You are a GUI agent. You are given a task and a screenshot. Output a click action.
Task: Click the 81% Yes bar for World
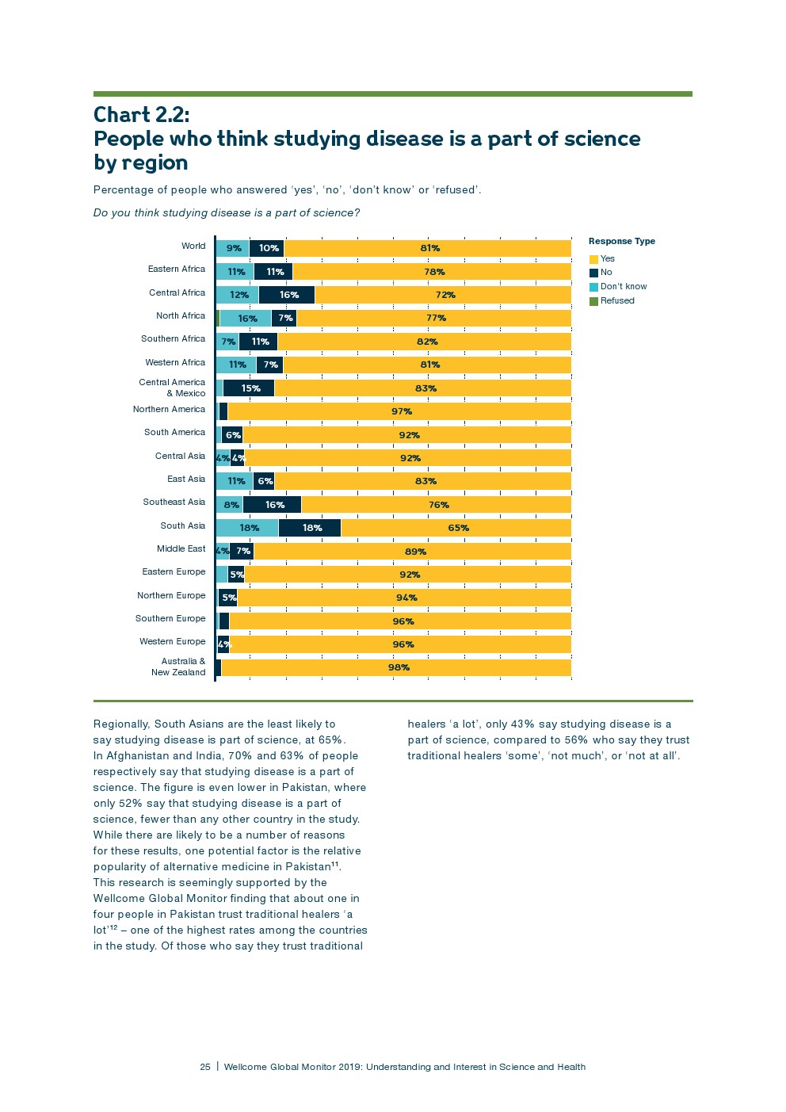coord(428,248)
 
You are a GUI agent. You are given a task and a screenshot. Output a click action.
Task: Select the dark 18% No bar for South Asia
coord(310,528)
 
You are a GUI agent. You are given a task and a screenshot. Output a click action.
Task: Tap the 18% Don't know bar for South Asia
coord(247,528)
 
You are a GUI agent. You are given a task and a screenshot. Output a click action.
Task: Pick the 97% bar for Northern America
coord(399,411)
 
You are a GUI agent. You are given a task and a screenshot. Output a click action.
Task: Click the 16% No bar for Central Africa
coord(287,295)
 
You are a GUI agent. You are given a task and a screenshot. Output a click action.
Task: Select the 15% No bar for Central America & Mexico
coord(249,388)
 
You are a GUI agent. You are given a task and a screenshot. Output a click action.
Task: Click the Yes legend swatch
coord(593,259)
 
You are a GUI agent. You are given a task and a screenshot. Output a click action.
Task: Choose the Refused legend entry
coord(616,301)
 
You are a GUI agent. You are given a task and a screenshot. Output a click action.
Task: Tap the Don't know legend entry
coord(623,287)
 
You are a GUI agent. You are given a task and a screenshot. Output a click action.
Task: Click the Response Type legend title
coord(621,242)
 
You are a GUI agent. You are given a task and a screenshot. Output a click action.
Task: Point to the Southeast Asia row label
coord(174,503)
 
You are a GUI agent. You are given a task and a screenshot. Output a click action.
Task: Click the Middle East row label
coord(181,548)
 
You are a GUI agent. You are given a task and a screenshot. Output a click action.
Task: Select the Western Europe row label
coord(172,642)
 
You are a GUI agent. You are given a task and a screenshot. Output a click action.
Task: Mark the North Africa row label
coord(180,316)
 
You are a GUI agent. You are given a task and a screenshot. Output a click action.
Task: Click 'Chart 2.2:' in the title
coord(141,116)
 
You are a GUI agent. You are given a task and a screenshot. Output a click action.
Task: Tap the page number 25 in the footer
coord(205,1067)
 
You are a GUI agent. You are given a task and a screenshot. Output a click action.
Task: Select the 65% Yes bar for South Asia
coord(456,528)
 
